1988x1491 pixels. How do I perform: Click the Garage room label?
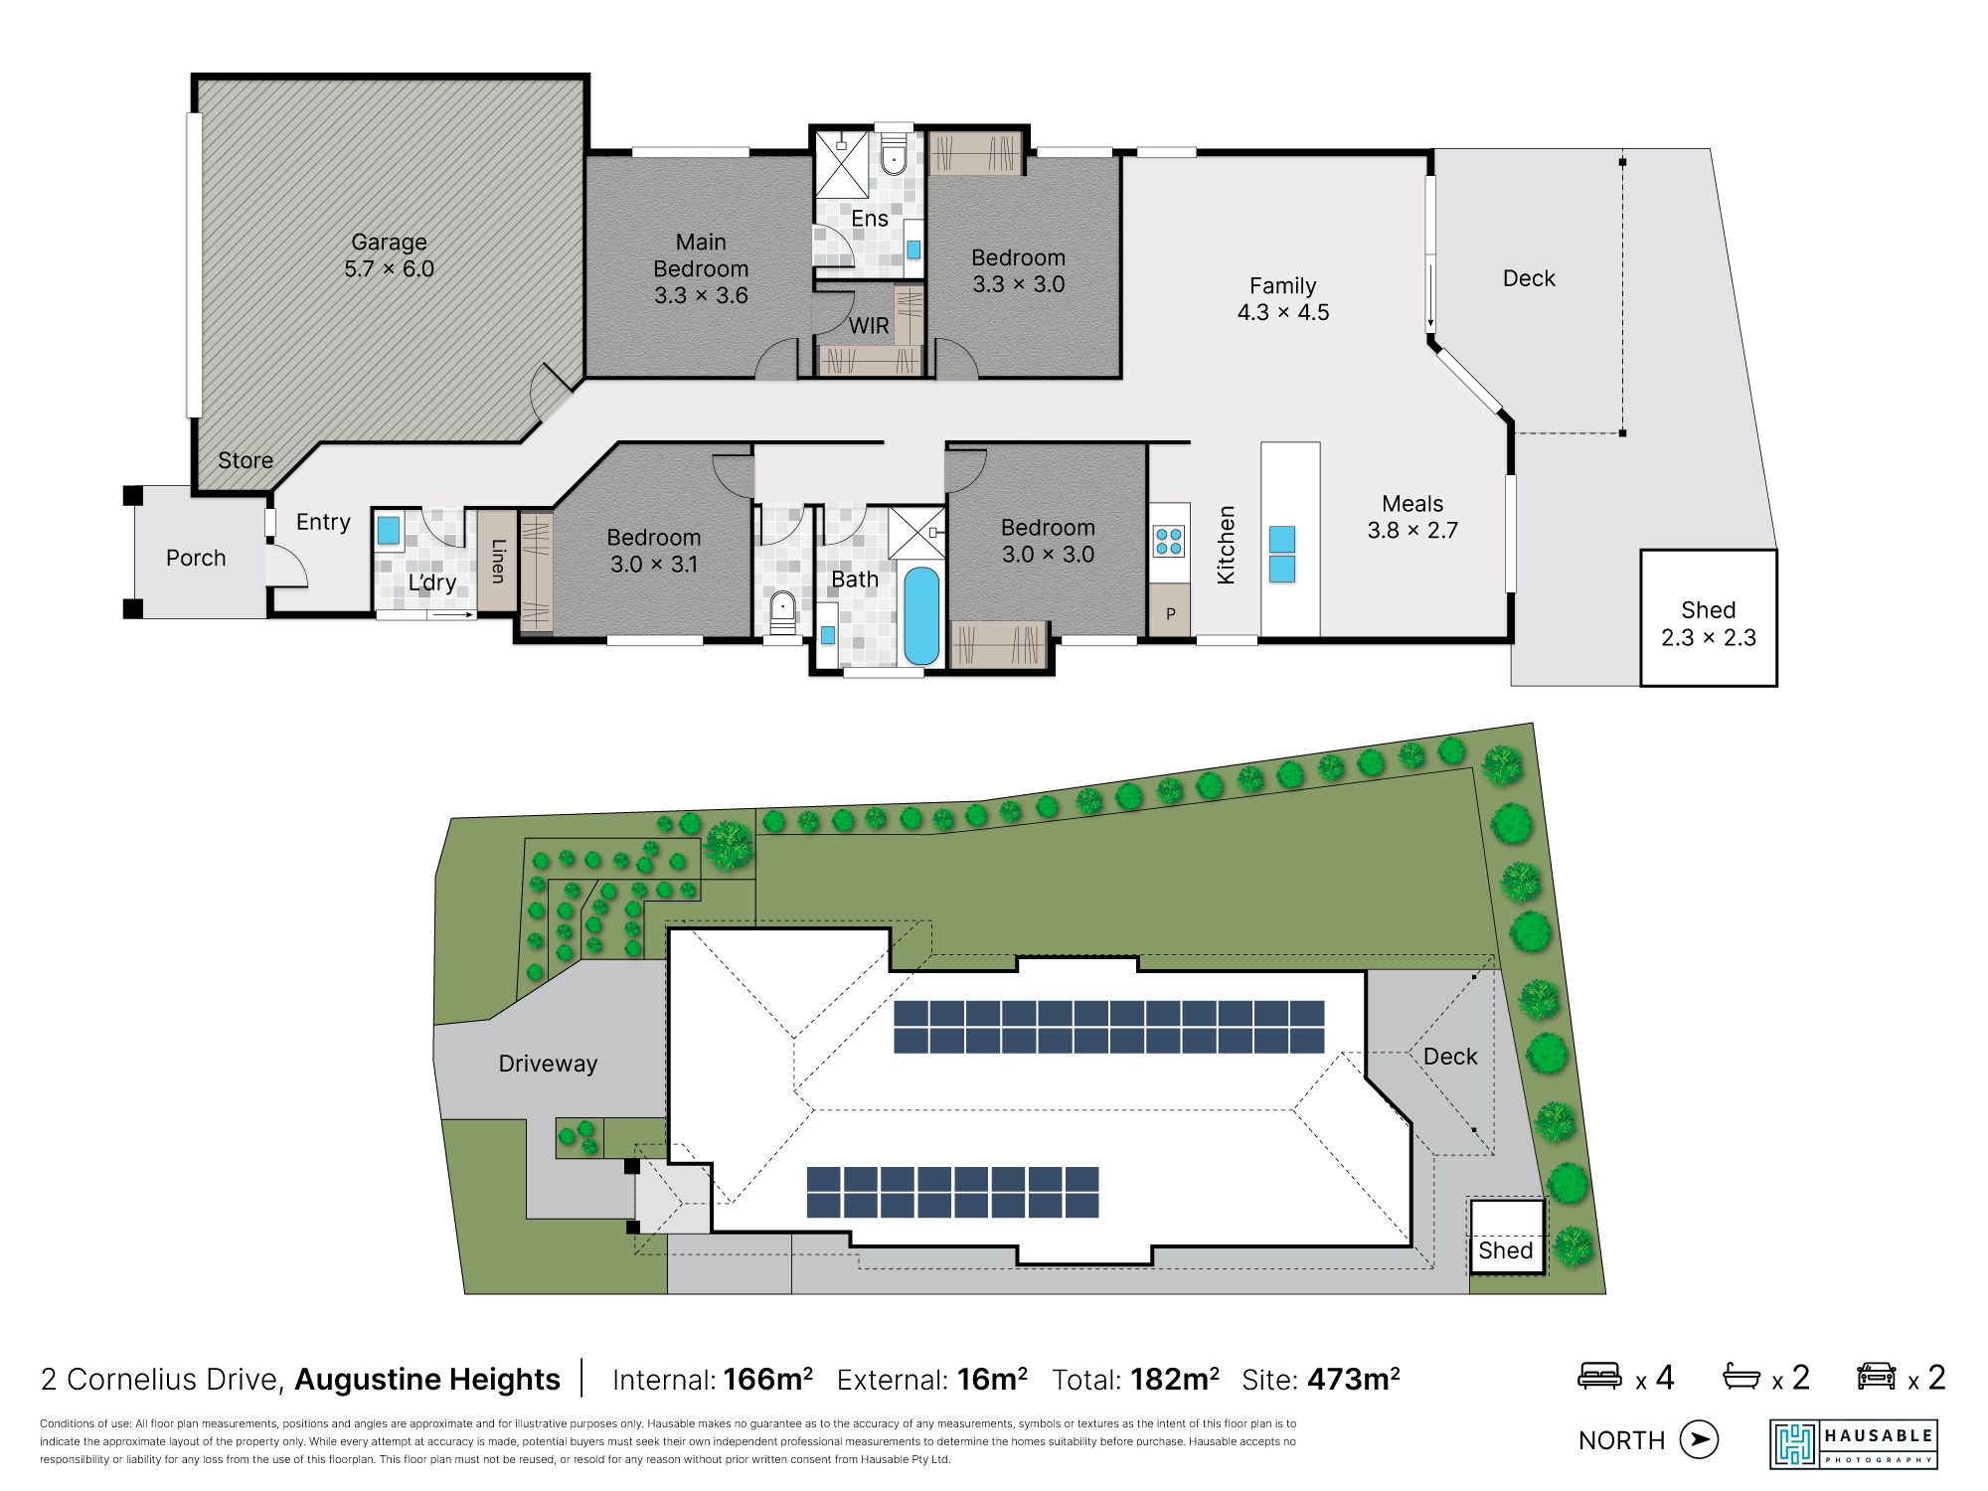(x=389, y=243)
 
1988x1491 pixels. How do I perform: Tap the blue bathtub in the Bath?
(x=921, y=616)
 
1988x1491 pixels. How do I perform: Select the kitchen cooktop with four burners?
(x=1169, y=542)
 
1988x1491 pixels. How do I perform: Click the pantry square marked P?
(x=1170, y=612)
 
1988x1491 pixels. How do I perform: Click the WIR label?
(x=869, y=325)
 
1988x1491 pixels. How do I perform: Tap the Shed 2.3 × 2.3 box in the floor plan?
(x=1708, y=618)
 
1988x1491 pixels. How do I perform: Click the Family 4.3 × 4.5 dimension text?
(x=1283, y=312)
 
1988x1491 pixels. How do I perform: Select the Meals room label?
(x=1412, y=504)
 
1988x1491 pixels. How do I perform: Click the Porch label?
(x=196, y=558)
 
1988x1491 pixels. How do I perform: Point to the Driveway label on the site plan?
(x=548, y=1064)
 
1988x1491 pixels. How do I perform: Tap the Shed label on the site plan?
(x=1505, y=1250)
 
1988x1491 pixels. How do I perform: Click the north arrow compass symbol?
(x=1699, y=1439)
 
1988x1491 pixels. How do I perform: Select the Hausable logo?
(x=1854, y=1444)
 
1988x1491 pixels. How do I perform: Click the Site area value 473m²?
(x=1354, y=1379)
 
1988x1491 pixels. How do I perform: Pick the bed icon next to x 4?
(x=1599, y=1376)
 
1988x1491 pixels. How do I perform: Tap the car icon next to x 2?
(x=1876, y=1376)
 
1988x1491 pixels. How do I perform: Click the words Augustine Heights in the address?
(x=427, y=1380)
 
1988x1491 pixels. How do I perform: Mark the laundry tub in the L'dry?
(x=388, y=529)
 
